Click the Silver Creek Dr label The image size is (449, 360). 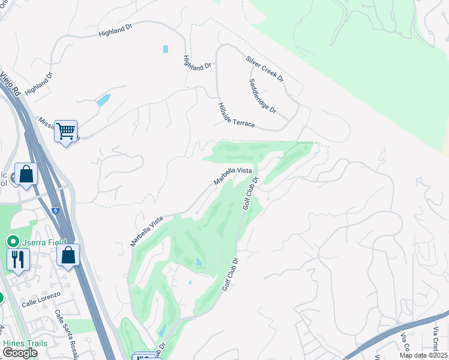click(264, 69)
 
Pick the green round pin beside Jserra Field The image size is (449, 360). click(11, 241)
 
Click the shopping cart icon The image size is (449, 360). click(65, 130)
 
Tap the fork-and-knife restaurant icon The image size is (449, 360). click(17, 259)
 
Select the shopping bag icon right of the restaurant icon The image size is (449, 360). click(68, 254)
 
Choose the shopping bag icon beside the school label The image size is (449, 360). click(26, 173)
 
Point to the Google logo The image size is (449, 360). click(20, 353)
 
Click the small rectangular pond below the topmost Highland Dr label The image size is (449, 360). click(165, 49)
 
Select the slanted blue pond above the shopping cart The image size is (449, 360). click(103, 100)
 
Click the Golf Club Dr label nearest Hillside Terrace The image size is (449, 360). click(251, 193)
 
